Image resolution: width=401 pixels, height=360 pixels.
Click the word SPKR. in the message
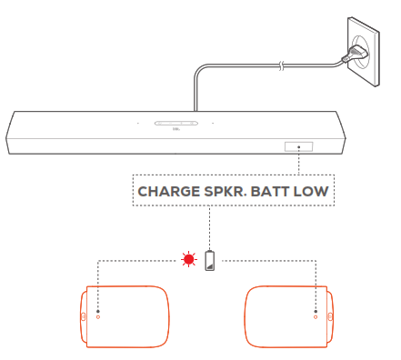225,192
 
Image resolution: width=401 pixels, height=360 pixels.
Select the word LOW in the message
311,192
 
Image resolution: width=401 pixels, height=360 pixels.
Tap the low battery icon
211,260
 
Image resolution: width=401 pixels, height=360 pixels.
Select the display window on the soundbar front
299,146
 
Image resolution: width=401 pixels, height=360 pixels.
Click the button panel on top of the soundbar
175,123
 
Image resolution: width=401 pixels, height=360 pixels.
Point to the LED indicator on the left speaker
98,317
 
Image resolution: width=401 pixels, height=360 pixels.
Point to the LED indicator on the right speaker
315,317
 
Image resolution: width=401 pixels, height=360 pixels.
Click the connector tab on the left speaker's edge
84,317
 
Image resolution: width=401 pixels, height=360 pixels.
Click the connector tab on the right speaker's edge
329,317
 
